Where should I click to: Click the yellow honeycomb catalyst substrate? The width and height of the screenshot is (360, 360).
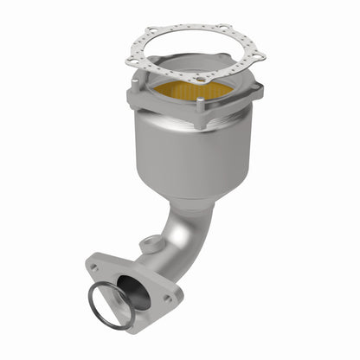point(195,89)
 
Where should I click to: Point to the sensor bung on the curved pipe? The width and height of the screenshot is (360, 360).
point(153,245)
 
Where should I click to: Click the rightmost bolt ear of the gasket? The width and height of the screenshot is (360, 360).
point(257,59)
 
